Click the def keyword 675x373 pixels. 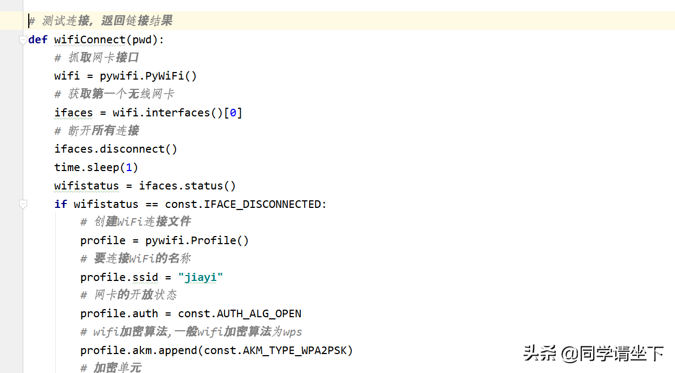click(37, 40)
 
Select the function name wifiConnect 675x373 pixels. click(90, 40)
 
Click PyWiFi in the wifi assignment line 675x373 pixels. click(164, 76)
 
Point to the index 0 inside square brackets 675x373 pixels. click(233, 113)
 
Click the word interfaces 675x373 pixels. click(178, 113)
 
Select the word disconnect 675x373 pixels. click(132, 149)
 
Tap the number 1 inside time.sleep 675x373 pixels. click(128, 167)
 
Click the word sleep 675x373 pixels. click(103, 168)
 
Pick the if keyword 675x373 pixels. click(61, 204)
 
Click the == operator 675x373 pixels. click(152, 205)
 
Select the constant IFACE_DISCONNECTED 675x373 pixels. click(262, 205)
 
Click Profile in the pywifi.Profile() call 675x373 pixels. click(214, 241)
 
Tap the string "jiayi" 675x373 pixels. click(201, 277)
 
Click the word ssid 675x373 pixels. click(145, 277)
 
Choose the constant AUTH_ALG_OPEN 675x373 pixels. click(259, 314)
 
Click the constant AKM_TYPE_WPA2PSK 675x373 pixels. click(294, 350)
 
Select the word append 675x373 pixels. click(177, 351)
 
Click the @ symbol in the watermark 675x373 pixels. click(569, 354)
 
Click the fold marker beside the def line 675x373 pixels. click(23, 40)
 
